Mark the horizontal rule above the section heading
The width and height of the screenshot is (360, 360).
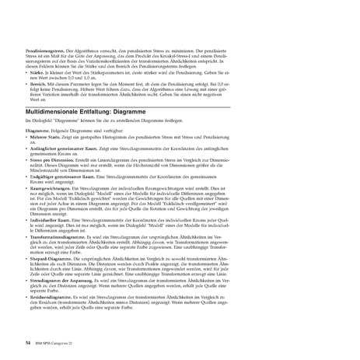(x=180, y=103)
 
